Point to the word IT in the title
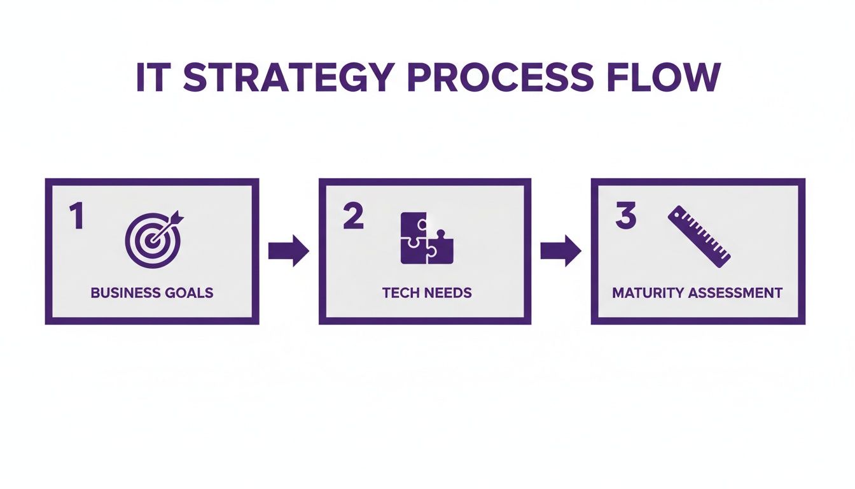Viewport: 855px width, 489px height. (153, 78)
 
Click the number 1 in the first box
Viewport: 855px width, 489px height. (77, 216)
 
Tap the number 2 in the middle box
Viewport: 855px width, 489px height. (352, 216)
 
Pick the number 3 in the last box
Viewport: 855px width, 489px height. (625, 216)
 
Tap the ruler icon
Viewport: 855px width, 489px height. (699, 236)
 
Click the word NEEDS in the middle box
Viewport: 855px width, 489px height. (449, 293)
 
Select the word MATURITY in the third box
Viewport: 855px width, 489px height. (648, 293)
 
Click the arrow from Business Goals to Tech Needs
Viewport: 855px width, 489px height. (288, 251)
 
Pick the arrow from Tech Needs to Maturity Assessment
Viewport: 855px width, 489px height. (560, 251)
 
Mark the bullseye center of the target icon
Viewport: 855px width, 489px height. (150, 242)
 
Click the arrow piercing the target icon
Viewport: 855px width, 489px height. (170, 223)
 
